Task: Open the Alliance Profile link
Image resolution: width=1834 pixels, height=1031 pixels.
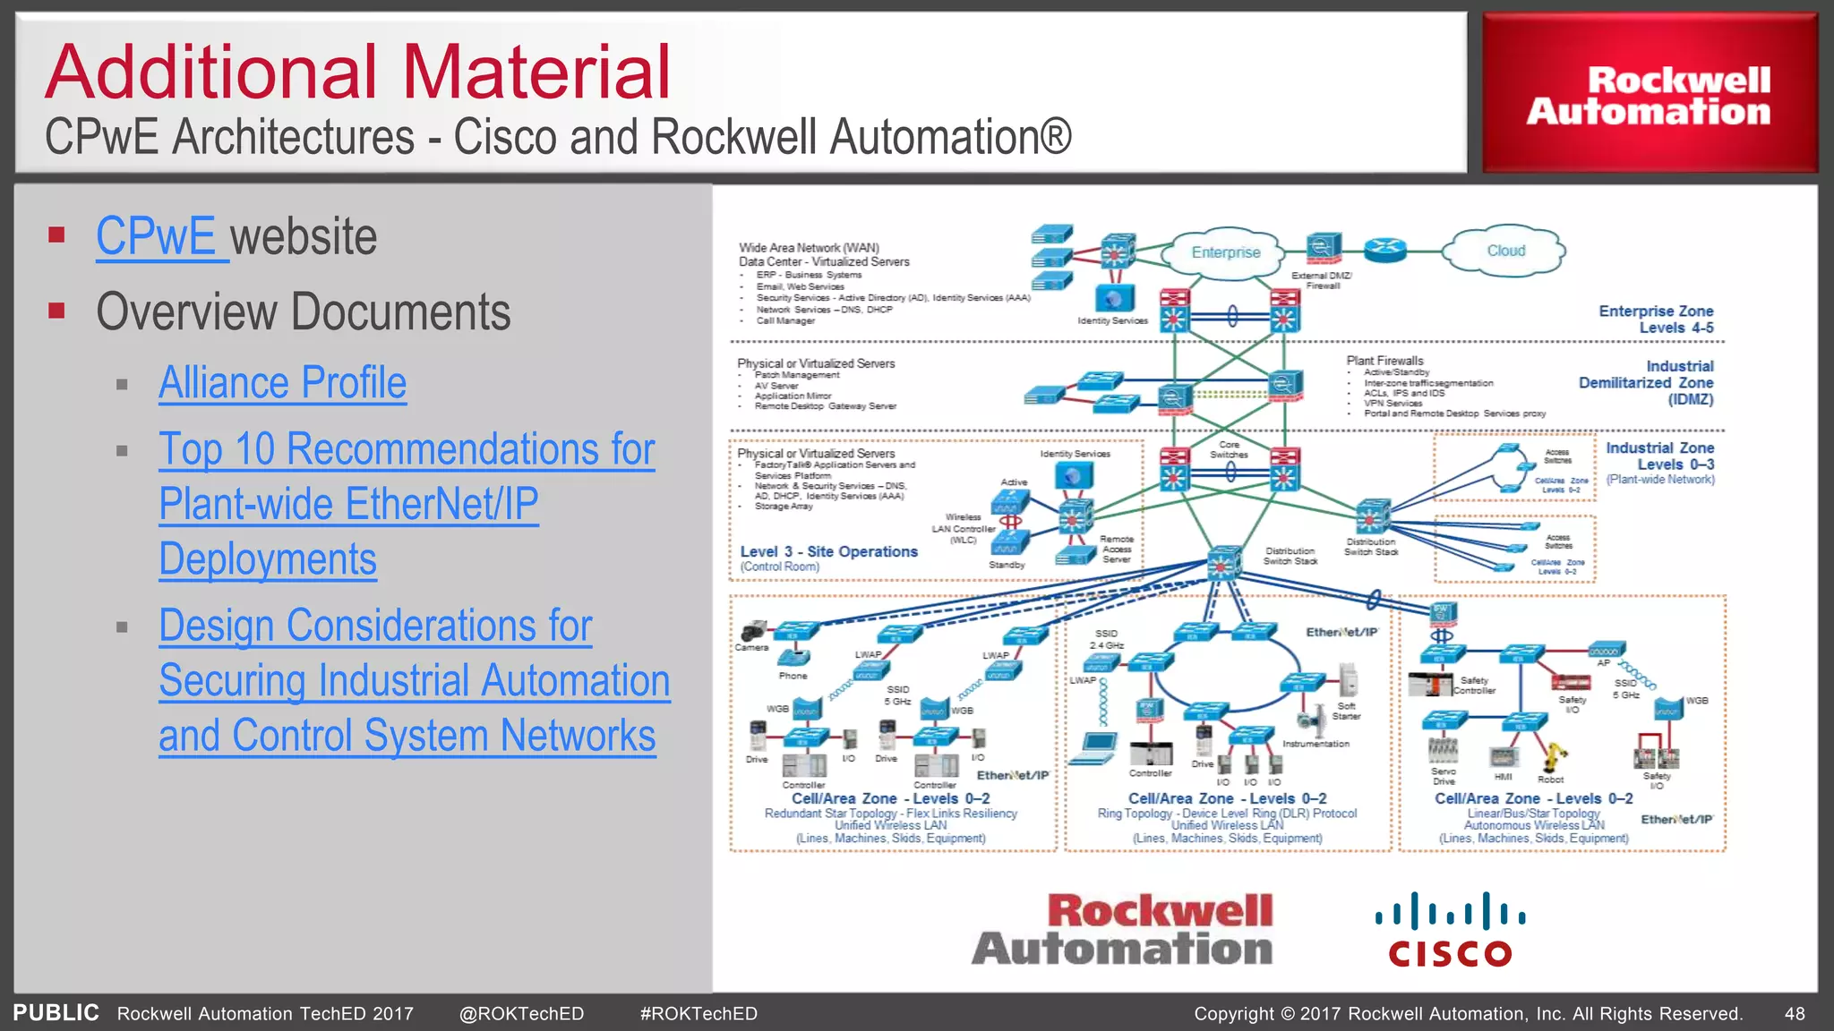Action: click(x=282, y=383)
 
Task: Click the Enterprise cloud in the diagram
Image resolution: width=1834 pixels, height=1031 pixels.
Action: click(x=1225, y=252)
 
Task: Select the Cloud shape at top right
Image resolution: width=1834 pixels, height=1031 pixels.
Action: click(x=1505, y=251)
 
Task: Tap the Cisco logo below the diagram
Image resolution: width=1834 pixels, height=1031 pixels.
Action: click(x=1450, y=931)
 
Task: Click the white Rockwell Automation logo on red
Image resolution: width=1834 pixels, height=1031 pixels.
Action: click(x=1649, y=96)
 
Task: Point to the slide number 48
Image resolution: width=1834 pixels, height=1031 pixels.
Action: click(x=1795, y=1014)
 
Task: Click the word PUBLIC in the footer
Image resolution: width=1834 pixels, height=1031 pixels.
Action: click(x=56, y=1013)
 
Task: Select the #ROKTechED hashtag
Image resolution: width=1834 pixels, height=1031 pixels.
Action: click(x=698, y=1014)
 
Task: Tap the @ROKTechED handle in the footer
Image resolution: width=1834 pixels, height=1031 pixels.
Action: click(x=521, y=1014)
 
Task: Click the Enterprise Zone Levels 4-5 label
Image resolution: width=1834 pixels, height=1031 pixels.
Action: click(x=1657, y=320)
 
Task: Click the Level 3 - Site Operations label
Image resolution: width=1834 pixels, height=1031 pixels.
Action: click(x=828, y=552)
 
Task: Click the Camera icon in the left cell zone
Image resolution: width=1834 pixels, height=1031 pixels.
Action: click(x=753, y=631)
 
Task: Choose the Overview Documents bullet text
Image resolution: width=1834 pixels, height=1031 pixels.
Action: click(x=303, y=311)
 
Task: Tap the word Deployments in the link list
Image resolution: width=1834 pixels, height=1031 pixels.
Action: click(x=268, y=559)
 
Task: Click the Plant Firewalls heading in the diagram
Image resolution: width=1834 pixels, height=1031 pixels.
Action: click(x=1384, y=361)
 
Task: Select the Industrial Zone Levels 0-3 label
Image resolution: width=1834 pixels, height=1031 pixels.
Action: click(x=1659, y=456)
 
